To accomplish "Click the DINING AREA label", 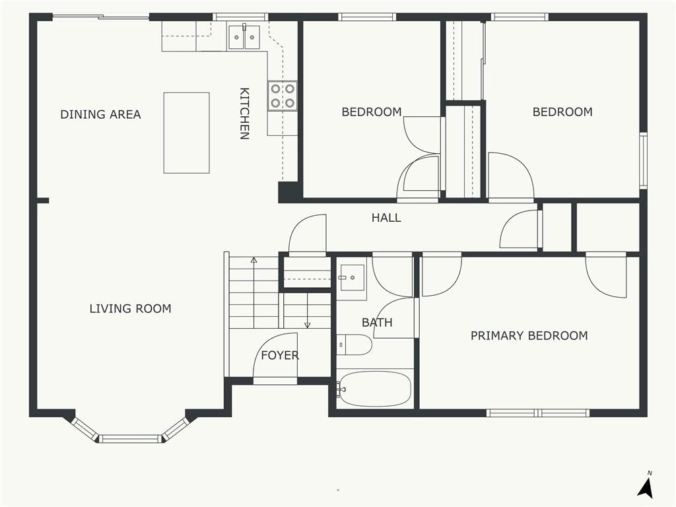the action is [x=100, y=115].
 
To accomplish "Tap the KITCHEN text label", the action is [x=244, y=114].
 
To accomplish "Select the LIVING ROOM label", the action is [x=130, y=309].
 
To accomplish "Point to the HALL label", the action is [x=386, y=218].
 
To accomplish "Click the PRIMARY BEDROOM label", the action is [x=529, y=336].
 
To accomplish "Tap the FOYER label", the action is [x=280, y=355].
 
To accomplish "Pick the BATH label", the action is [x=377, y=322].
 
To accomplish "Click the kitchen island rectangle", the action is [x=186, y=133].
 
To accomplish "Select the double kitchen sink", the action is [x=244, y=37].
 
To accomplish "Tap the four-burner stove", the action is [x=283, y=96].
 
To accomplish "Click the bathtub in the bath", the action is [x=374, y=389].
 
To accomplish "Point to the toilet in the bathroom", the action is [x=354, y=345].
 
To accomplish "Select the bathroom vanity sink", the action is [x=351, y=278].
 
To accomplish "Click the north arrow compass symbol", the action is [x=646, y=485].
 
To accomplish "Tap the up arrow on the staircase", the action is [x=254, y=292].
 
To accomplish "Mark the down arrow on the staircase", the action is [x=308, y=310].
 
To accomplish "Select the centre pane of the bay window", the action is [x=130, y=439].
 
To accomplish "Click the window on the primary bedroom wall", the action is [x=538, y=413].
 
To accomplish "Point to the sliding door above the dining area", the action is [x=101, y=17].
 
